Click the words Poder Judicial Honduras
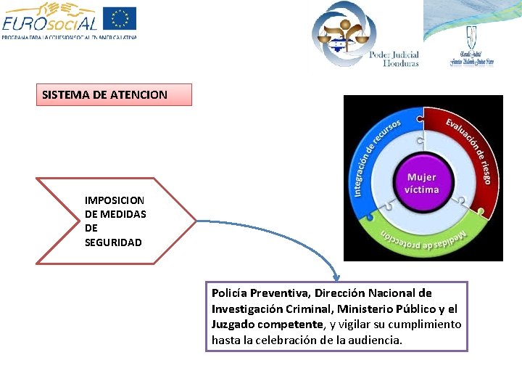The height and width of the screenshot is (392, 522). [394, 58]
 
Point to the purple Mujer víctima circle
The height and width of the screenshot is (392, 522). [422, 183]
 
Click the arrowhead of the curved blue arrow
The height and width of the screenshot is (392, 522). [336, 277]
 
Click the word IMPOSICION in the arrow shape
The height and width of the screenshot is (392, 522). [115, 200]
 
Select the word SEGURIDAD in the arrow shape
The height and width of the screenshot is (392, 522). [113, 242]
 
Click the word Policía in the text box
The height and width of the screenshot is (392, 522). [230, 293]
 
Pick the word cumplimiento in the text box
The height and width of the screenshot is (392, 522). [428, 324]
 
